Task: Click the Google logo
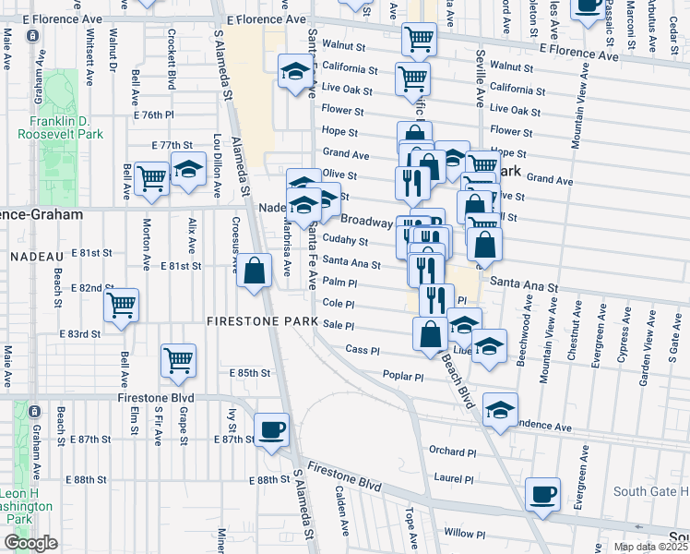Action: coord(30,543)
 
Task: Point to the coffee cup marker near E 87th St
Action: coord(271,430)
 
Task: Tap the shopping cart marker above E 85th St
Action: coord(179,361)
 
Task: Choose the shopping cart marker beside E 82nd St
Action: coord(122,306)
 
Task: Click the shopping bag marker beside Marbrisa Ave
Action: coord(256,271)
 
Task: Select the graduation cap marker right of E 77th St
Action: coord(188,170)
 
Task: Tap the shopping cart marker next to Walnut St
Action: coord(419,40)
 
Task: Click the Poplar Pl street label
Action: coord(402,377)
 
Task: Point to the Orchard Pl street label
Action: coord(451,451)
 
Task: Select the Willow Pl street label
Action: coord(465,534)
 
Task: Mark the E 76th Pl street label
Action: coord(153,115)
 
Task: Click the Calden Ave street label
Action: coord(340,524)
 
